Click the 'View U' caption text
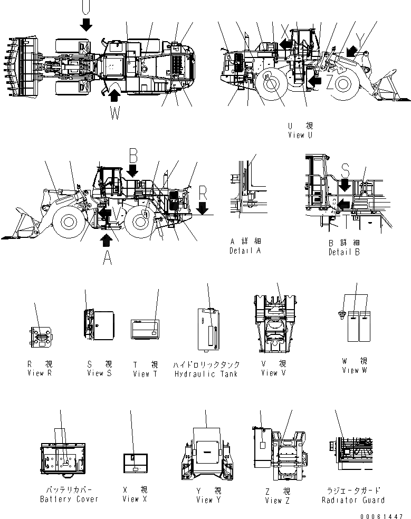click(x=300, y=135)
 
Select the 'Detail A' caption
click(x=245, y=251)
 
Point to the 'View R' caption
click(x=40, y=373)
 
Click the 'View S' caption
click(x=99, y=373)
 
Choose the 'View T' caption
click(x=145, y=373)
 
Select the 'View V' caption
click(x=273, y=373)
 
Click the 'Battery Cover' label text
click(x=69, y=499)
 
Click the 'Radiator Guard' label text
click(x=353, y=500)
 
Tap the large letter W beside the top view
click(x=116, y=113)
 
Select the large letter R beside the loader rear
click(x=203, y=194)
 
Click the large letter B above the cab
click(x=133, y=155)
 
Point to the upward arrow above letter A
click(x=107, y=240)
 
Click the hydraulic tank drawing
click(x=208, y=328)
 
